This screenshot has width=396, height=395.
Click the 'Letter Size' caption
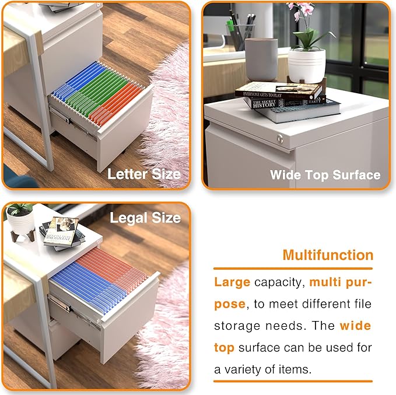tap(144, 174)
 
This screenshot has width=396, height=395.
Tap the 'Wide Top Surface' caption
tap(325, 174)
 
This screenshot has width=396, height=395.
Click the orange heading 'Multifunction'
tap(328, 255)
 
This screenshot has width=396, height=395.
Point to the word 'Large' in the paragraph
tap(232, 283)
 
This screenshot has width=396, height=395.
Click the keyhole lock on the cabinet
tap(280, 140)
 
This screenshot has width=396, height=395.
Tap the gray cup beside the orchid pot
tap(261, 58)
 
